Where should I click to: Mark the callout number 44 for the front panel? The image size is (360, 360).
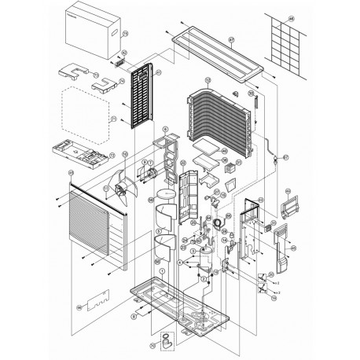point(71,174)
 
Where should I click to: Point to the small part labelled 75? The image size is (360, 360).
point(167,339)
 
